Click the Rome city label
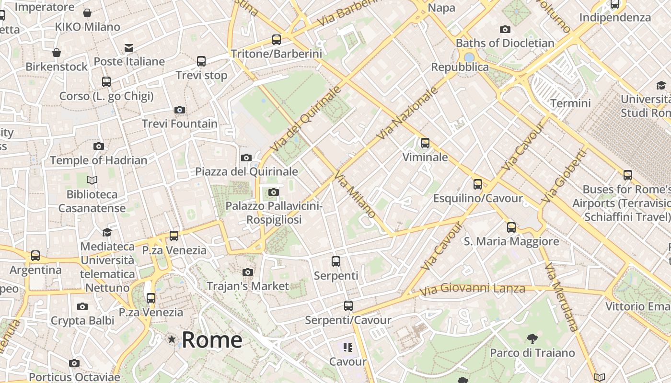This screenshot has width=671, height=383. pos(212,340)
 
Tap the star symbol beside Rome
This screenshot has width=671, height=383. pos(172,339)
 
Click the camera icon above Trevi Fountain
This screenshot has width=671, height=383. pos(180,110)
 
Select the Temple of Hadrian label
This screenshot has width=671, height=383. pos(99,160)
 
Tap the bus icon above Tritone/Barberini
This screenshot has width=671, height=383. pos(277,40)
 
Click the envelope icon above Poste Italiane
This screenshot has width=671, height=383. pos(129,48)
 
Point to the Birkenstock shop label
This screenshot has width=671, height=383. pos(57,67)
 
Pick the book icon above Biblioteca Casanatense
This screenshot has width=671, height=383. pos(92,180)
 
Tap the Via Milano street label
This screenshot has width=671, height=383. pos(355,194)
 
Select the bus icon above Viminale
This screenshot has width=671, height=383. pos(425,143)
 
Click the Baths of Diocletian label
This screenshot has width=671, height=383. pos(505,43)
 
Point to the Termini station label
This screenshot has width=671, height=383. pos(570,103)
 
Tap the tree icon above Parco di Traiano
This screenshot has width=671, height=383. pos(532,339)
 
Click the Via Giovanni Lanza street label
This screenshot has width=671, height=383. pos(472,289)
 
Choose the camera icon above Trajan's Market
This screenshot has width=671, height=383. pos(248,272)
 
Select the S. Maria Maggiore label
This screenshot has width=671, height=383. pos(511,241)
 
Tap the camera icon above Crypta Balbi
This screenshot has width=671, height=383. pos(82,307)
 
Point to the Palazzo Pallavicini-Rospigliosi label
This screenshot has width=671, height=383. pos(274,213)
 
